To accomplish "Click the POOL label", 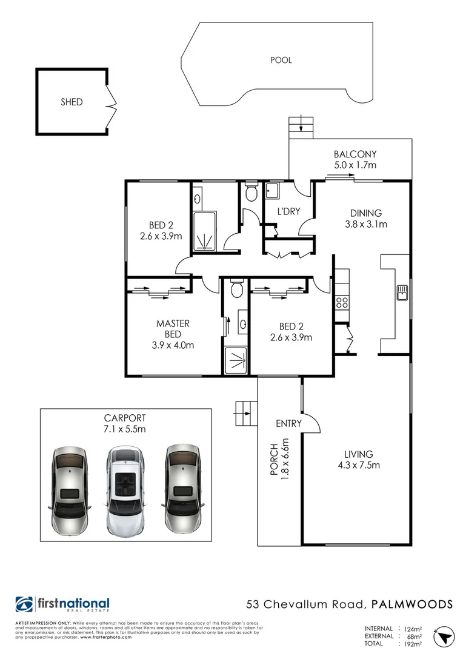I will (281, 60).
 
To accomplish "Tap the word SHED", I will (72, 102).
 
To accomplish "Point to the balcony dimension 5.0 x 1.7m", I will (355, 165).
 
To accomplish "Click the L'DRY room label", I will (287, 212).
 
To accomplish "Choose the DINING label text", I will (365, 213).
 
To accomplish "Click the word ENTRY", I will (288, 423).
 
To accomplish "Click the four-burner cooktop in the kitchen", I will (341, 302).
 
